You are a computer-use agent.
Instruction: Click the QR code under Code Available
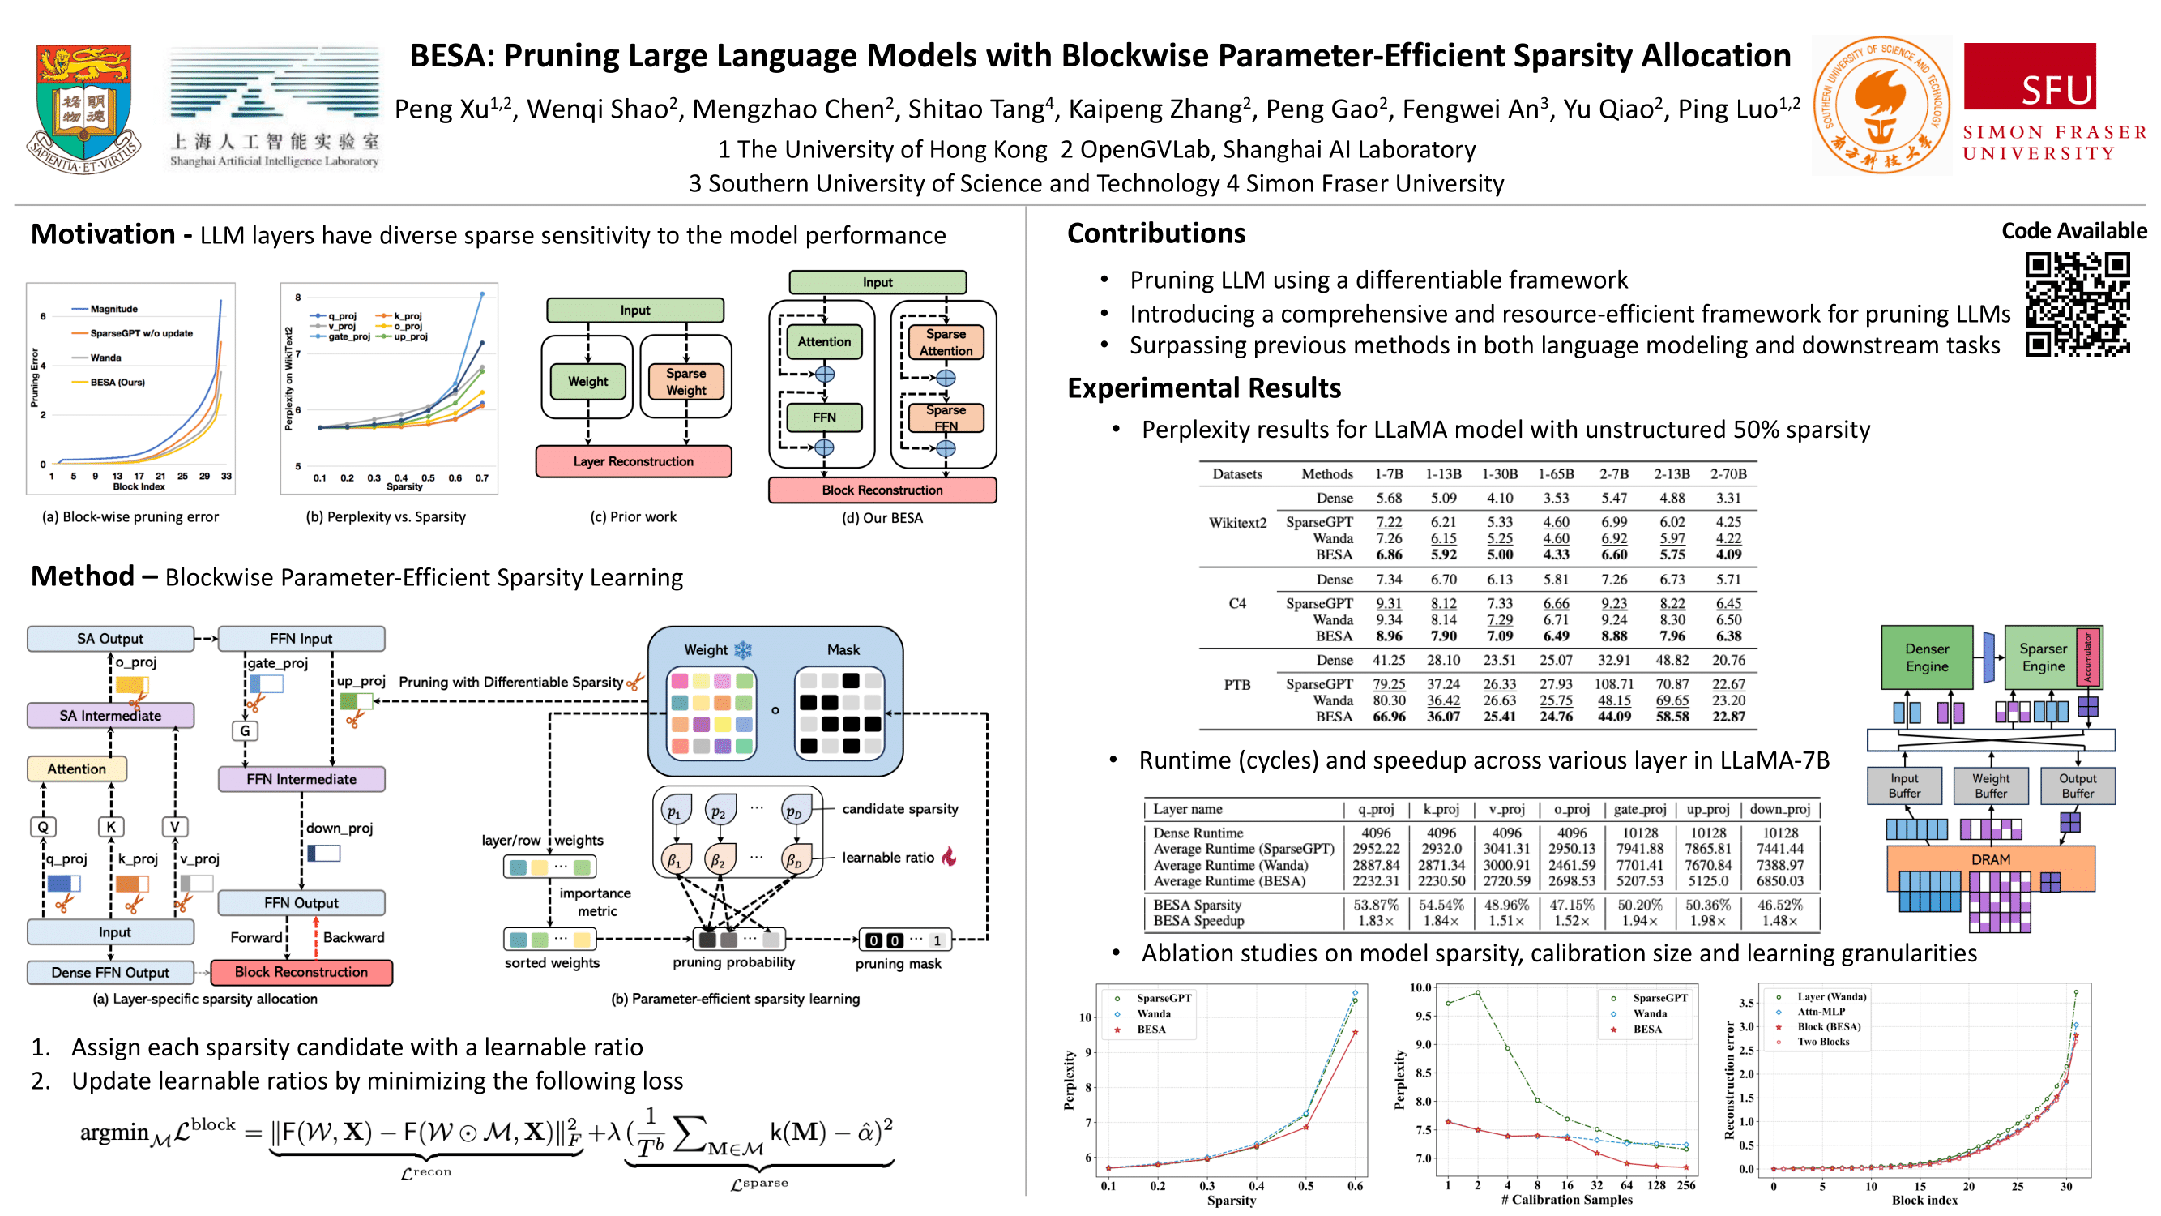[2076, 304]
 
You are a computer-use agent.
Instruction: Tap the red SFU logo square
[2029, 76]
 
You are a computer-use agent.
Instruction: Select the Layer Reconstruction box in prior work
[634, 461]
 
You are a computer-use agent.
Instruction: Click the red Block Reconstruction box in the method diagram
[301, 972]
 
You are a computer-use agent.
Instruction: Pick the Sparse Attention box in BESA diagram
[946, 342]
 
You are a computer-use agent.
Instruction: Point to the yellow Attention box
[76, 769]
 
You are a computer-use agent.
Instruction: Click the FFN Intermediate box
[301, 779]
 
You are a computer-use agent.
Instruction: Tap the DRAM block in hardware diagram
[1990, 859]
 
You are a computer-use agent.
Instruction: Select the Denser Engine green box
[1926, 658]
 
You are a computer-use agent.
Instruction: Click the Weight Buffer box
[1990, 786]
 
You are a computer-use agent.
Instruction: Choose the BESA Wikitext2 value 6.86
[1388, 554]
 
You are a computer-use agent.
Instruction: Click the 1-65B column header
[1555, 474]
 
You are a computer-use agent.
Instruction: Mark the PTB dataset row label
[1236, 685]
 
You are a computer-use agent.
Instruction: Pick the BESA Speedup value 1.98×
[1707, 921]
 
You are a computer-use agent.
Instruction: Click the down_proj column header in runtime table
[1779, 809]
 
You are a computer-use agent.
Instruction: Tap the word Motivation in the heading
[103, 234]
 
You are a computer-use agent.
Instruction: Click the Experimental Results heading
[1204, 387]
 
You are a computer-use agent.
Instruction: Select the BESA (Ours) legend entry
[117, 383]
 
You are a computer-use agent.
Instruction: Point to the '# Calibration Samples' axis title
[1566, 1199]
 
